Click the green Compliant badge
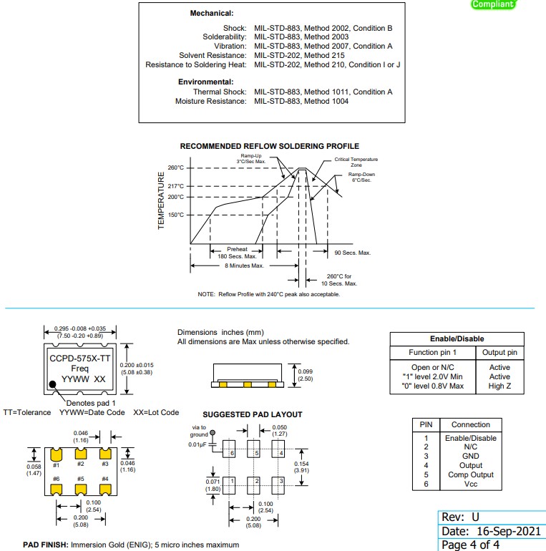tap(493, 4)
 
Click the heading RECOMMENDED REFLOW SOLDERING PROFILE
tap(270, 146)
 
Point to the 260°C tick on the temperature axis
tap(176, 168)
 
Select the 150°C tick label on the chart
tap(176, 215)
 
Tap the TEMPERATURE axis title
tap(161, 200)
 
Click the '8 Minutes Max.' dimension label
tap(244, 265)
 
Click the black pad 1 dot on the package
tap(54, 385)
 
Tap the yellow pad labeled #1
tap(56, 454)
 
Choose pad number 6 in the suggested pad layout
tap(230, 453)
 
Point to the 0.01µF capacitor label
tap(198, 445)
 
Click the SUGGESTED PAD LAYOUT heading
tap(252, 414)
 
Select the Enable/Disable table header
tap(456, 338)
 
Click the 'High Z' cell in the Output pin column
tap(499, 386)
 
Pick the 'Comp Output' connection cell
tap(470, 475)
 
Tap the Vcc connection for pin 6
tap(470, 484)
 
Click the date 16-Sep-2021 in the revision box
tap(505, 531)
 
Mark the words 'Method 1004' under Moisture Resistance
tap(326, 101)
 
